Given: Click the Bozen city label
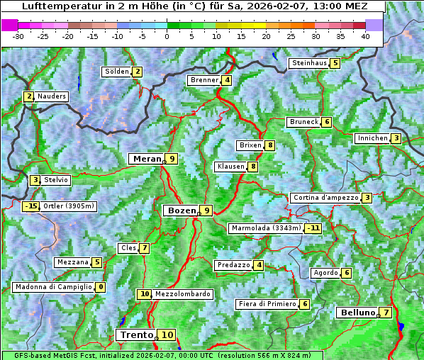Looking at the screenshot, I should (x=181, y=210).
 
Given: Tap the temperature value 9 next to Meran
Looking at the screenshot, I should (x=171, y=159).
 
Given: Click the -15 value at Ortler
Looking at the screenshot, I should (x=30, y=206).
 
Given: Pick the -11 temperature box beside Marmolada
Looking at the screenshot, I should (x=313, y=228).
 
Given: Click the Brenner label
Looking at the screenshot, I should (x=204, y=80).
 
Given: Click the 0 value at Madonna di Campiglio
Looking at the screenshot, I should (x=101, y=287).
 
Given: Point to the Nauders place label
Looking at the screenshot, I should (x=52, y=96).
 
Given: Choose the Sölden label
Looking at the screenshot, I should (x=117, y=72).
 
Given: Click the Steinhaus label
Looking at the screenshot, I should (x=309, y=63).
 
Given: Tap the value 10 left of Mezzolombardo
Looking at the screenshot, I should (x=145, y=294).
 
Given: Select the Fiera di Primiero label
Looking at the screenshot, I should (x=267, y=304).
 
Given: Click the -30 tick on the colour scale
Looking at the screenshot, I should (x=18, y=36).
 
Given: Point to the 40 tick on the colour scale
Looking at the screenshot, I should (x=365, y=36).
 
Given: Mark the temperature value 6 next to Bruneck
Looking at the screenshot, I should (x=326, y=122).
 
